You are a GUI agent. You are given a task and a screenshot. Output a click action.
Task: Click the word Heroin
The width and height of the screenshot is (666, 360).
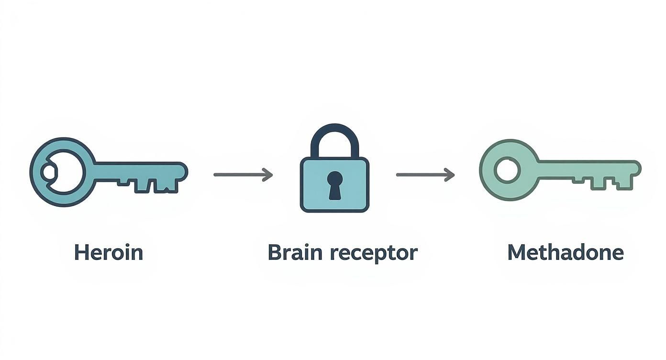109,252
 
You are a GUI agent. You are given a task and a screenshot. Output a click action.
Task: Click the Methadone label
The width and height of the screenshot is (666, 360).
566,252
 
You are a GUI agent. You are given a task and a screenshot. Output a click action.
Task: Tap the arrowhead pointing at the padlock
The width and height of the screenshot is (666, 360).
268,175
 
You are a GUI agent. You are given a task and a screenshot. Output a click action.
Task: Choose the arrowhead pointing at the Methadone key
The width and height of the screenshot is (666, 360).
450,175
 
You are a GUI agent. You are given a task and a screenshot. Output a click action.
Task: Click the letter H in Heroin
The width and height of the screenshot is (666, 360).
81,252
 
